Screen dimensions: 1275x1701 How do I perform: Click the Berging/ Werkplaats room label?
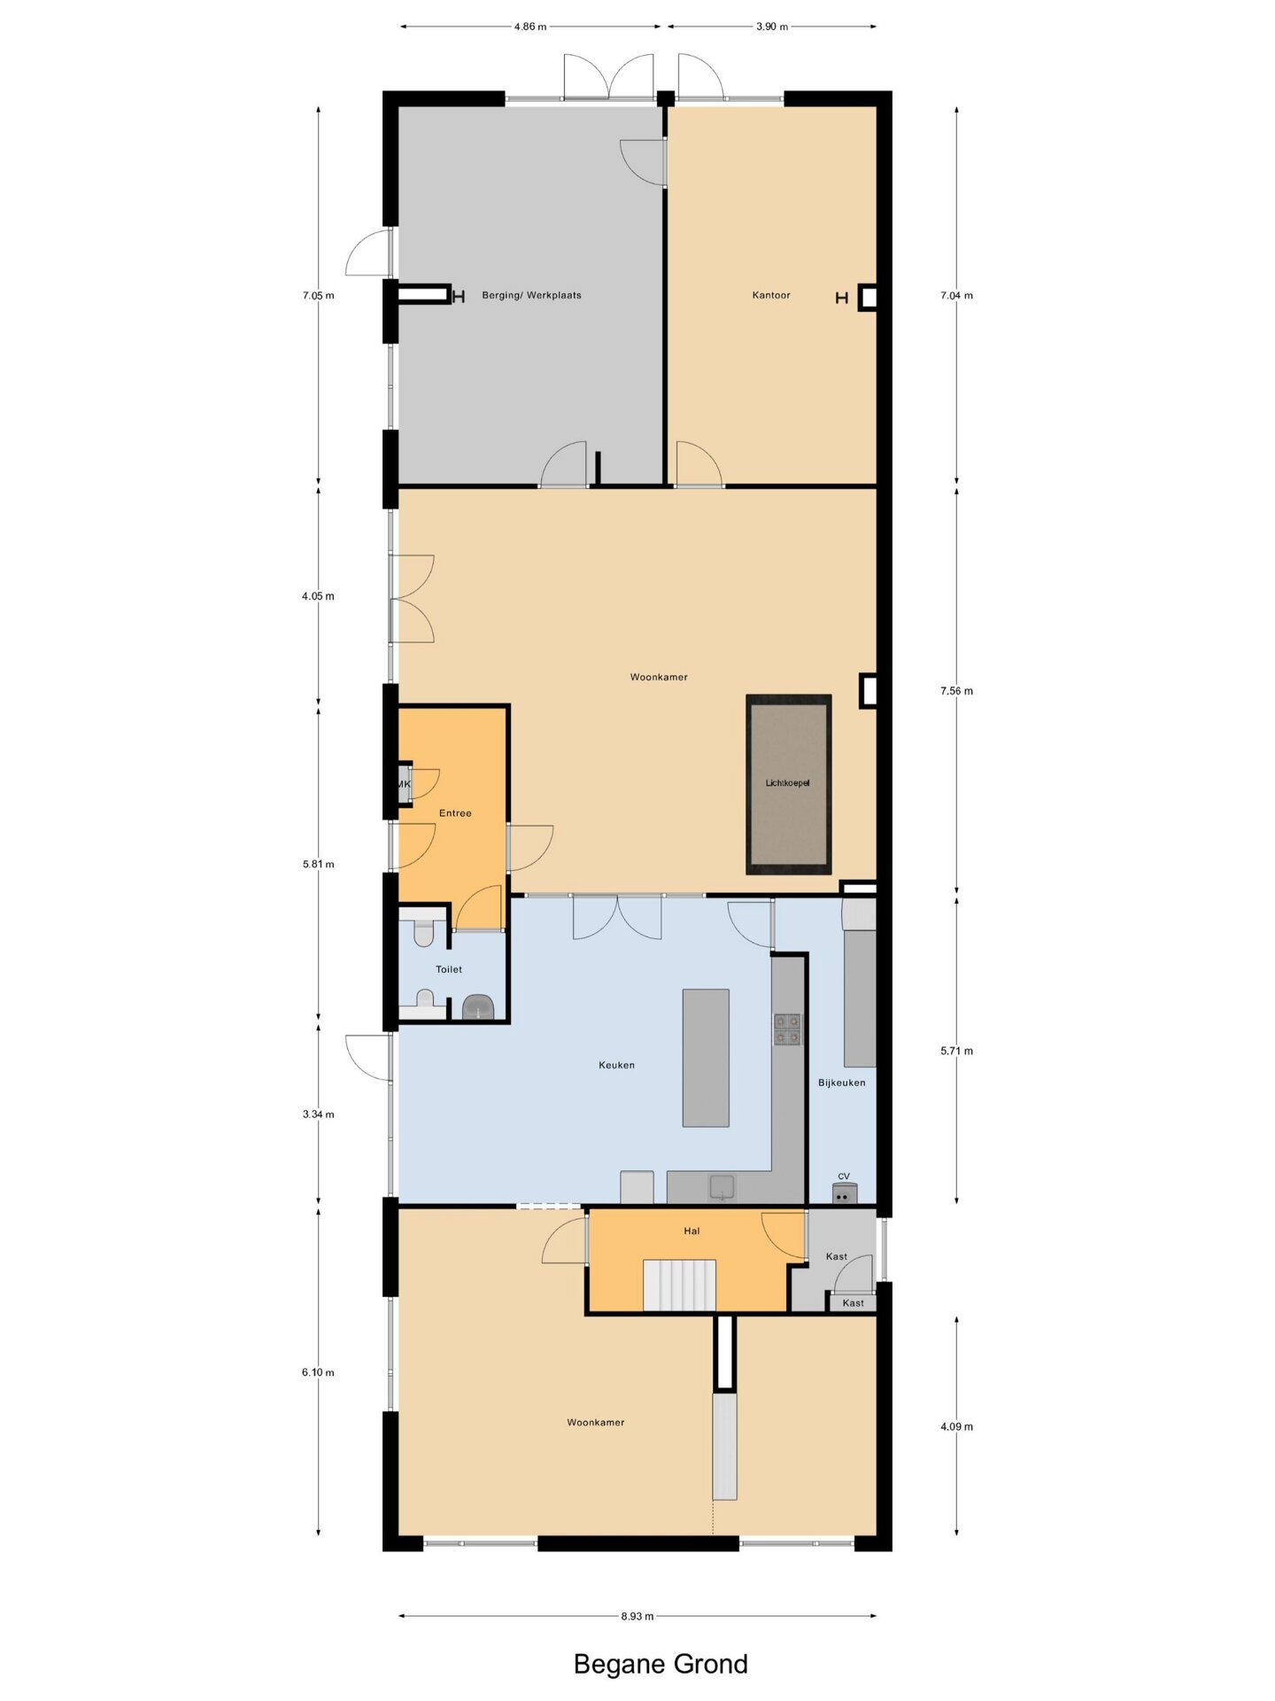click(531, 295)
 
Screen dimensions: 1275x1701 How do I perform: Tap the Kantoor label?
click(771, 295)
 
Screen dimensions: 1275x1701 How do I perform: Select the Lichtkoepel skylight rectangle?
click(788, 784)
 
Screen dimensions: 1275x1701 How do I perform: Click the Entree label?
click(455, 813)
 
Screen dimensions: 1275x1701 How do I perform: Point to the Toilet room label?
click(449, 969)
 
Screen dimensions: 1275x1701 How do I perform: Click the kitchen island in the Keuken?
click(706, 1058)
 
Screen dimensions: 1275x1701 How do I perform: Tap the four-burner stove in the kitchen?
click(787, 1029)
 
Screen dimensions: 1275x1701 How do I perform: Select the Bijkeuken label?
click(842, 1083)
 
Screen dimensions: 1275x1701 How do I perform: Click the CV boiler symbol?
click(844, 1192)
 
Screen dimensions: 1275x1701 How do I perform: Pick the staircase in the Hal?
click(679, 1285)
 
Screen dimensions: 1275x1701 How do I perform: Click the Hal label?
click(692, 1231)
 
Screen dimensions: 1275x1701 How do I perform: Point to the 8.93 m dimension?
click(637, 1616)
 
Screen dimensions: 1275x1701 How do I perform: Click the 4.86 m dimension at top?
click(530, 27)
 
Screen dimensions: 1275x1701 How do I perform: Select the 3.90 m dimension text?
click(772, 27)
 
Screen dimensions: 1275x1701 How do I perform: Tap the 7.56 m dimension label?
click(956, 691)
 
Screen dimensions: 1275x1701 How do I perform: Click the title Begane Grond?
click(661, 1664)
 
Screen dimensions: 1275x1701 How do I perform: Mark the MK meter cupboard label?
click(404, 785)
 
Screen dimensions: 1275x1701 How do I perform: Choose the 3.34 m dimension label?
click(318, 1115)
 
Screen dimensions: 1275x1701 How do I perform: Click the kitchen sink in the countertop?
click(722, 1187)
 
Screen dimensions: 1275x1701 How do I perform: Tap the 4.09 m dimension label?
click(956, 1426)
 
